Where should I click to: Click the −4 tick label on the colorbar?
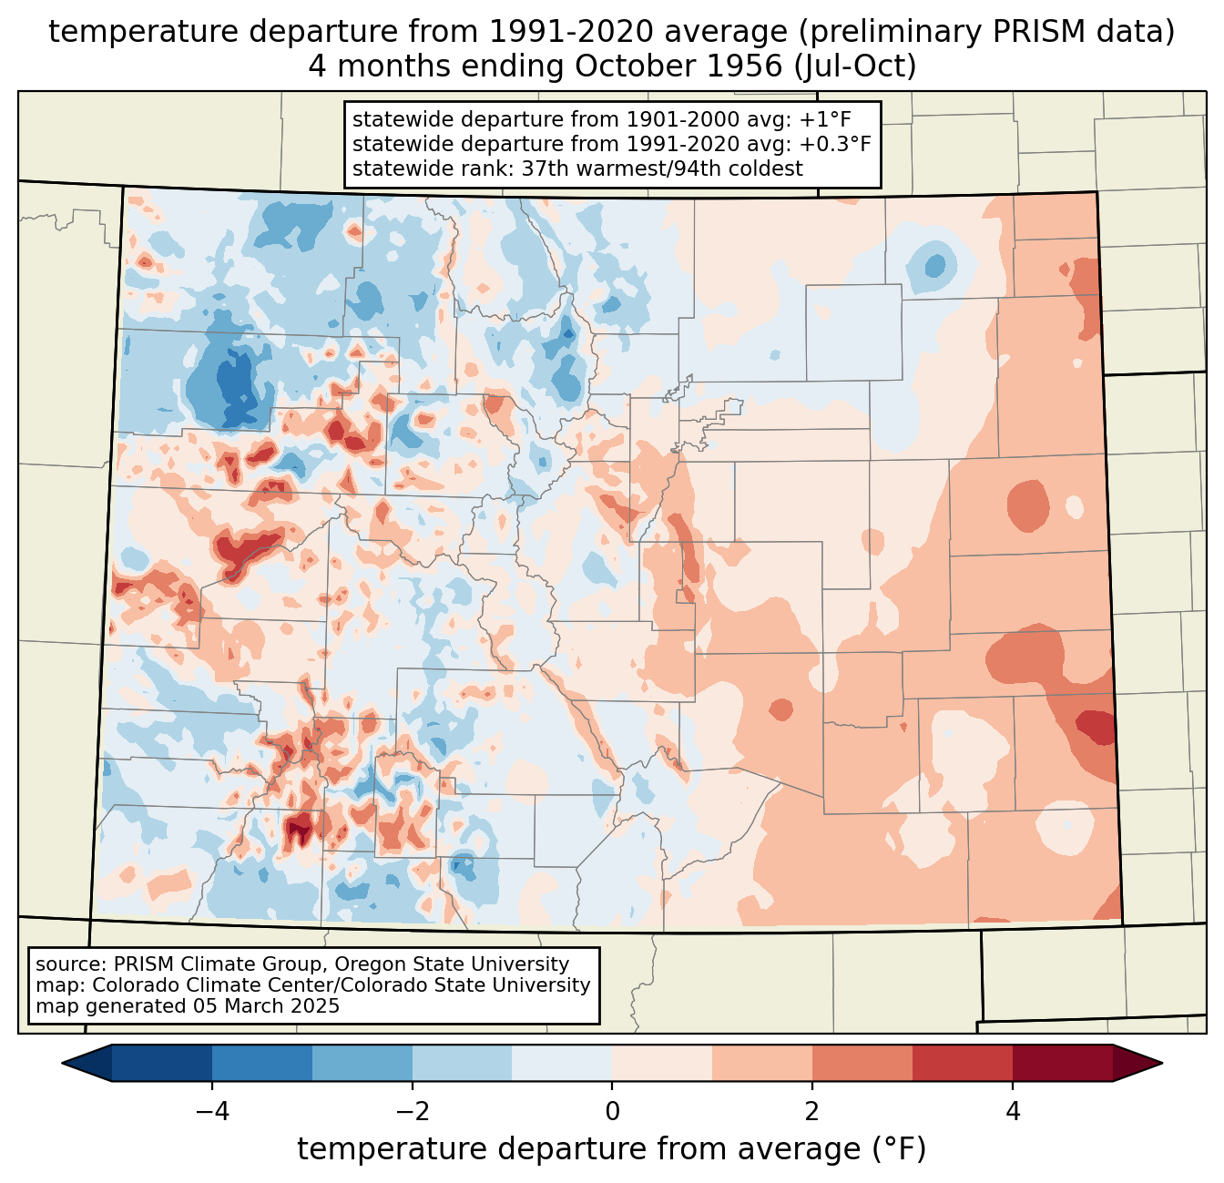(x=212, y=1111)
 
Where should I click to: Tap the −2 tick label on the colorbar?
(x=412, y=1111)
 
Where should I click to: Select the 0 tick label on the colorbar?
(x=612, y=1111)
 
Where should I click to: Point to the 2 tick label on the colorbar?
(x=812, y=1111)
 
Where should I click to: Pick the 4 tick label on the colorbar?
(x=1012, y=1111)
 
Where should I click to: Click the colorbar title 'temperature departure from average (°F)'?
(x=612, y=1149)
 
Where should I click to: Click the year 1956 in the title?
(x=745, y=66)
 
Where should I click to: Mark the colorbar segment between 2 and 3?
(x=862, y=1064)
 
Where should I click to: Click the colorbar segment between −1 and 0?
(x=562, y=1064)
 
